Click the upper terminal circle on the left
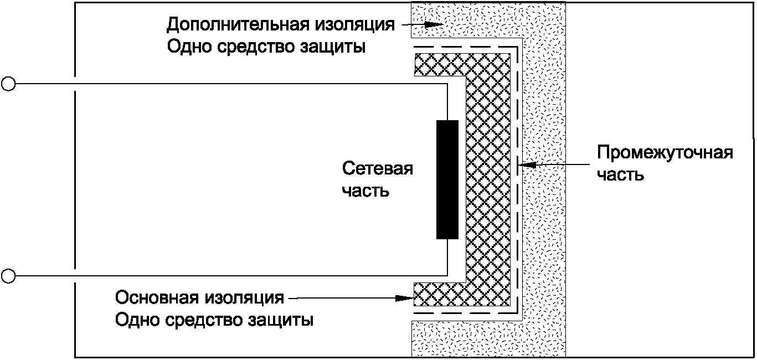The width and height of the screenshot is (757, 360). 8,84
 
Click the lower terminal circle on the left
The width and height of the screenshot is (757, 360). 8,274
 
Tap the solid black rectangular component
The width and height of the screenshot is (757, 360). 447,179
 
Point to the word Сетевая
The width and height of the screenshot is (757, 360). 378,168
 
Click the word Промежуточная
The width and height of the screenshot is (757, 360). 665,152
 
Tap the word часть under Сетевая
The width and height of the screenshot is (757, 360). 365,191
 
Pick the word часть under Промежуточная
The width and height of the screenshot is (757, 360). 620,174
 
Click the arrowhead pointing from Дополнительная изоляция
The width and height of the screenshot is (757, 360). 431,25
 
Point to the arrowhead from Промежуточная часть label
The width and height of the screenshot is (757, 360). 524,164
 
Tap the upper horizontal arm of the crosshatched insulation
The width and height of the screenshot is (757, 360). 440,64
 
